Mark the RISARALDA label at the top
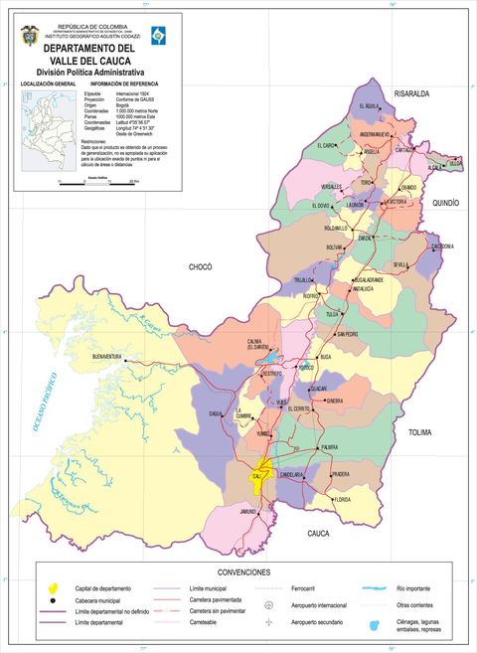(x=411, y=93)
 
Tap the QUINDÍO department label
(x=445, y=203)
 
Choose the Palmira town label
(x=337, y=448)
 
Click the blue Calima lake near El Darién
(x=271, y=353)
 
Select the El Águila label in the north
(x=366, y=105)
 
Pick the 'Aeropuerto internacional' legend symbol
(x=268, y=605)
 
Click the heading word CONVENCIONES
(x=243, y=573)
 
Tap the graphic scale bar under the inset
(x=97, y=181)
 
